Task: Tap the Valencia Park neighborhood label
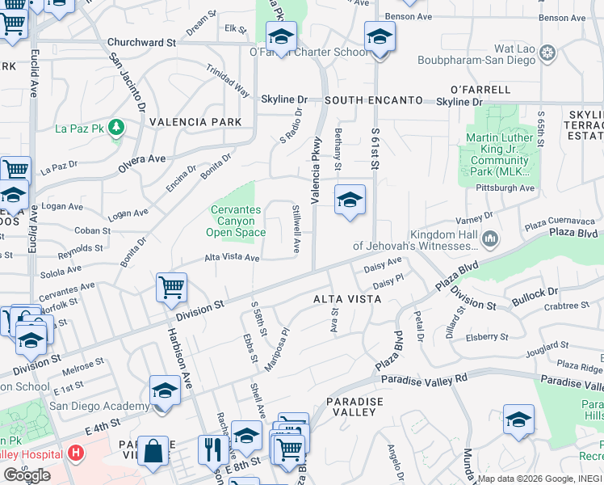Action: click(195, 122)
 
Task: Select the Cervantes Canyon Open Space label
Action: click(236, 221)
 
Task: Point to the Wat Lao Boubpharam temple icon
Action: click(548, 54)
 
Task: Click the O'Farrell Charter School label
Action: click(308, 53)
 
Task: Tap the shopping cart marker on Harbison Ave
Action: click(171, 286)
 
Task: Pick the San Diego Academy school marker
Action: click(165, 391)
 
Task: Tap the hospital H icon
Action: click(76, 453)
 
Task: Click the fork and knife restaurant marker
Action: click(212, 449)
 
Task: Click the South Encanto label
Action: click(374, 100)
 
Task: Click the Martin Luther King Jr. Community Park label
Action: click(500, 154)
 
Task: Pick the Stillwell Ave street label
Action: click(296, 230)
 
